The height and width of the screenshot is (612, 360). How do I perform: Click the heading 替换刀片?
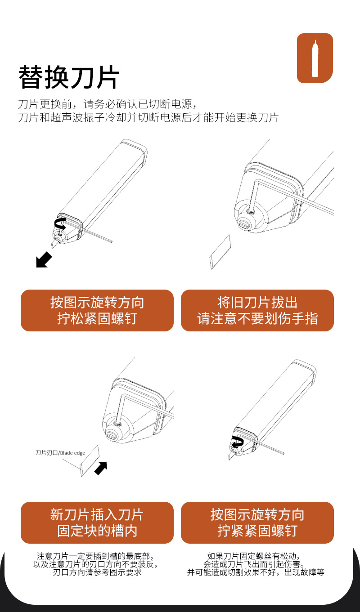[x=68, y=77]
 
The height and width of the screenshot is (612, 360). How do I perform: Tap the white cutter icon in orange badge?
[x=315, y=58]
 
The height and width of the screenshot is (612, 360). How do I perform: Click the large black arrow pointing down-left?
[x=44, y=259]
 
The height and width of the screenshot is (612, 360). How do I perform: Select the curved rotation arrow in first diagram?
[x=59, y=223]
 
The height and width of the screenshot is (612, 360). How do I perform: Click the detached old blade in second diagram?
[x=220, y=252]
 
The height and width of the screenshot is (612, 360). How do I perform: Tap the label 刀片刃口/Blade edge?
[x=60, y=453]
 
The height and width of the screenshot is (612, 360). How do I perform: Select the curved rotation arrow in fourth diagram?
[x=237, y=440]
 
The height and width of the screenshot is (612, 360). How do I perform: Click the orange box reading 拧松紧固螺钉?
[x=97, y=310]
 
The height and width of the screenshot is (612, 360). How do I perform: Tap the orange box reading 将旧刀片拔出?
[x=257, y=310]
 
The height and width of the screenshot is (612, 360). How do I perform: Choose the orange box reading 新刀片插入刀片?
[x=97, y=523]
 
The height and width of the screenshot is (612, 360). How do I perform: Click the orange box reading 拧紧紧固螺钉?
[x=257, y=523]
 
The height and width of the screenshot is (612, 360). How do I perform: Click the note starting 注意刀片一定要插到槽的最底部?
[x=97, y=564]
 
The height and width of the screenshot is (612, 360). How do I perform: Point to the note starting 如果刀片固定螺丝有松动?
[x=256, y=564]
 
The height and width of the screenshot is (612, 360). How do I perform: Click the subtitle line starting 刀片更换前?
[x=107, y=104]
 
